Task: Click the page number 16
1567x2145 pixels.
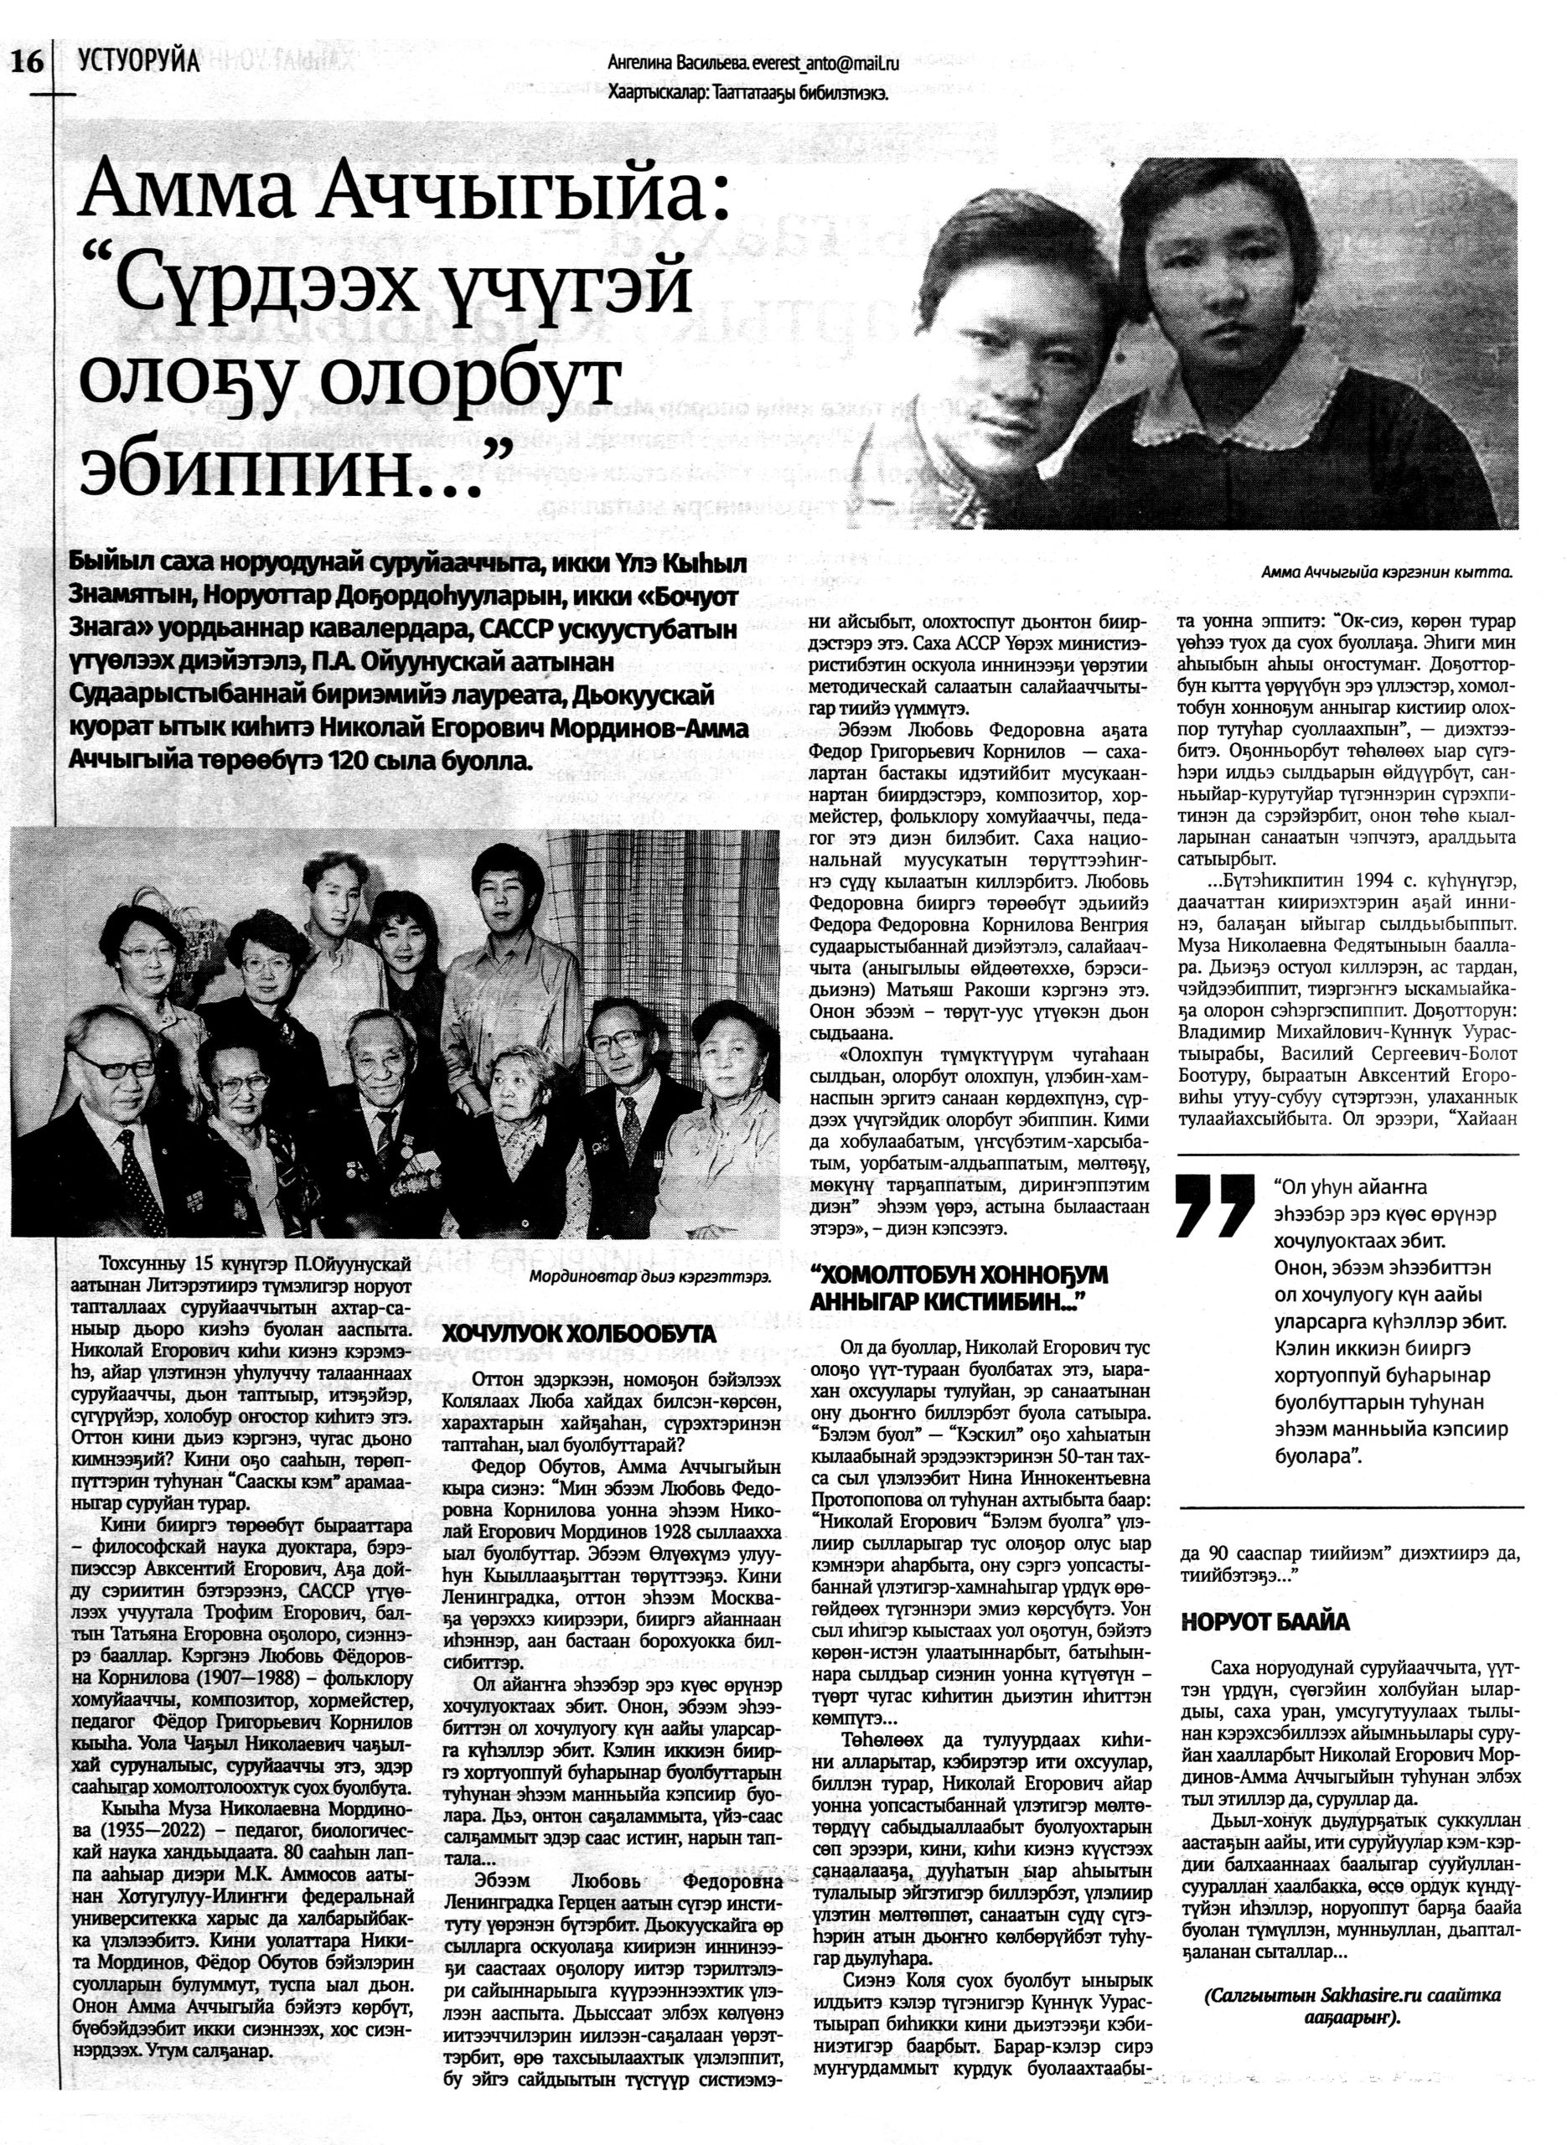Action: (x=27, y=64)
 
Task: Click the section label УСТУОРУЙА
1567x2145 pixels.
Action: (x=139, y=62)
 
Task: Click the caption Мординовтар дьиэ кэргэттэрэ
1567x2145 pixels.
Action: (x=649, y=1276)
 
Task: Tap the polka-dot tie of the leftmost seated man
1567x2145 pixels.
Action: (x=142, y=1176)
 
